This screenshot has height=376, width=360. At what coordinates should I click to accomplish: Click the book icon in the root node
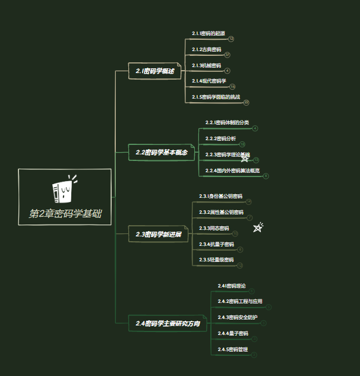pyautogui.click(x=64, y=189)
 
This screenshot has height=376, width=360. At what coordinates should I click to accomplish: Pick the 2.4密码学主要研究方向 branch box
pyautogui.click(x=168, y=324)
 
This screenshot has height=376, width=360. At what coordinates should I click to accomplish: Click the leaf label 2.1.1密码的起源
pyautogui.click(x=209, y=33)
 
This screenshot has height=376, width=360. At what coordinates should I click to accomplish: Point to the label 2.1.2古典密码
pyautogui.click(x=206, y=49)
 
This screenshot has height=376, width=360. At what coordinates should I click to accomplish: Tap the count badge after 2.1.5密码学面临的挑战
pyautogui.click(x=246, y=102)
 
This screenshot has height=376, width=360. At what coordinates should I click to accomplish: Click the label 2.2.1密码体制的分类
pyautogui.click(x=227, y=122)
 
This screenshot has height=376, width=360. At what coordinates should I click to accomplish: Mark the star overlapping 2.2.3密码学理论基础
pyautogui.click(x=244, y=158)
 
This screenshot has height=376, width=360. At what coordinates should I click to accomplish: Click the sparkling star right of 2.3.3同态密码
pyautogui.click(x=258, y=228)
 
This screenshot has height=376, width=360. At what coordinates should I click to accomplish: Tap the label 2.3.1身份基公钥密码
pyautogui.click(x=220, y=196)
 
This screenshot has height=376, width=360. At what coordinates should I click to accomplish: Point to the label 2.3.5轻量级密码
pyautogui.click(x=216, y=260)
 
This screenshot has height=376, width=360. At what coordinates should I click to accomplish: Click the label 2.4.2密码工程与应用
pyautogui.click(x=239, y=302)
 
